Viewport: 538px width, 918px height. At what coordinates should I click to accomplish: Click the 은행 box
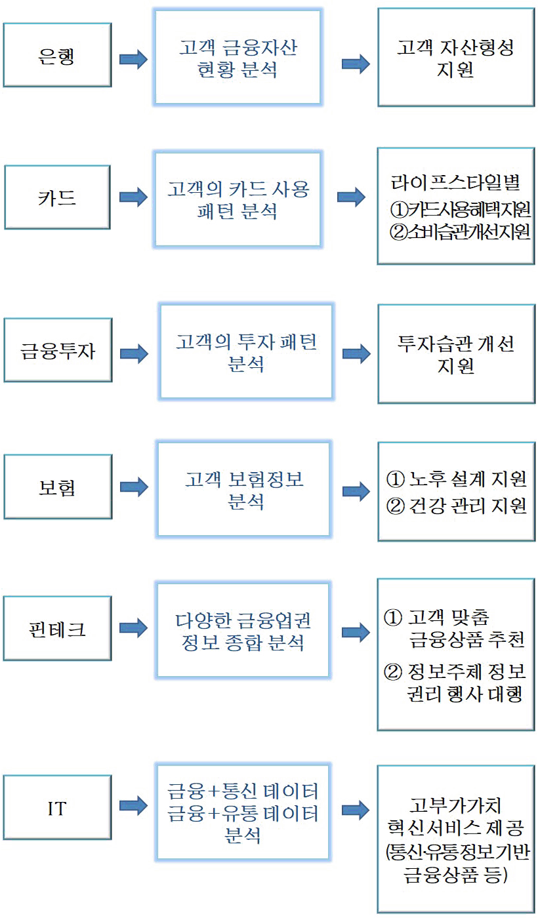click(58, 55)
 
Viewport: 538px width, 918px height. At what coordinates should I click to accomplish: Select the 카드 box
click(58, 197)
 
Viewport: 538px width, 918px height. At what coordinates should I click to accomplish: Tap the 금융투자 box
click(58, 350)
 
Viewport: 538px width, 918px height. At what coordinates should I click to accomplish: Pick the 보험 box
click(58, 487)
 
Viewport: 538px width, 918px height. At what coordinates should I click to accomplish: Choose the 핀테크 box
click(58, 628)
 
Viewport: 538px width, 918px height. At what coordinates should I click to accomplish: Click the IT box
click(58, 807)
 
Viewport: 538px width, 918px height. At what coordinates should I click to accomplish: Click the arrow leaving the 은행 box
click(133, 59)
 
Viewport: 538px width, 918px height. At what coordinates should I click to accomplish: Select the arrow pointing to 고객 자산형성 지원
click(356, 64)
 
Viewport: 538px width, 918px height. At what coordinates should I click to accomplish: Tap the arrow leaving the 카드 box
click(133, 197)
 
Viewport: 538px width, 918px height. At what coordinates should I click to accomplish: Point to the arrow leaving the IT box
click(133, 806)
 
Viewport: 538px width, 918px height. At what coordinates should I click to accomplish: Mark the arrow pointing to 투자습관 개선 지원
click(356, 353)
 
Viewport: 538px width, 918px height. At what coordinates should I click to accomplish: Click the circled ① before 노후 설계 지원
click(395, 479)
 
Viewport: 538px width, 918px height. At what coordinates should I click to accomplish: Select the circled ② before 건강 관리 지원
click(395, 506)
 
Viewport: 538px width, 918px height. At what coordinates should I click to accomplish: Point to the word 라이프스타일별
click(455, 182)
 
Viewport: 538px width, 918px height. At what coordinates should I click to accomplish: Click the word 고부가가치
click(455, 805)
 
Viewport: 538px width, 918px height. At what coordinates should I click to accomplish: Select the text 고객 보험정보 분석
click(244, 490)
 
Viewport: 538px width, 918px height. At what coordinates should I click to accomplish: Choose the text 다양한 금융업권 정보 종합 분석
click(243, 631)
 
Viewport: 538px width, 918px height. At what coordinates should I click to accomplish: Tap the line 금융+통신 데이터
click(243, 791)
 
